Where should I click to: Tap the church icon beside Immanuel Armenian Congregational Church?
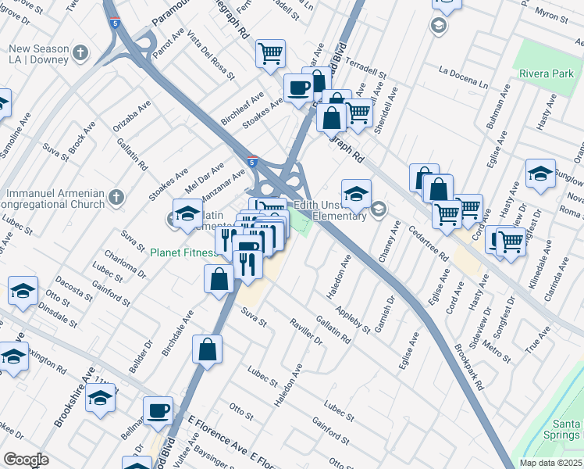point(116,197)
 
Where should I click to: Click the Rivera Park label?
point(546,74)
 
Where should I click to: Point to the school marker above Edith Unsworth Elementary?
point(356,193)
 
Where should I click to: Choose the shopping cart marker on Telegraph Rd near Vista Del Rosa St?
point(270,54)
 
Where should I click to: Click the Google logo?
point(26,460)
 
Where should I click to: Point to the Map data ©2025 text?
point(550,463)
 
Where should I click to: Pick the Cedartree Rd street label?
point(428,243)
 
